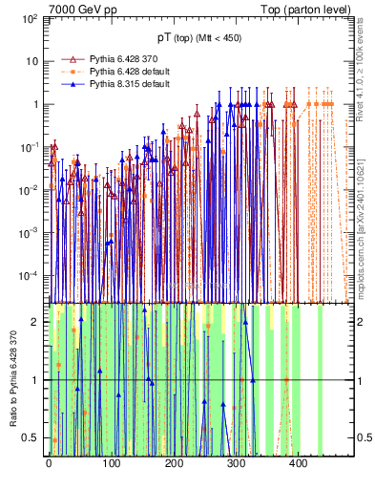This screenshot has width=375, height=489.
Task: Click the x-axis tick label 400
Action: (298, 463)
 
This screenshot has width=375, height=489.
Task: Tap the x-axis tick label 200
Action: (173, 463)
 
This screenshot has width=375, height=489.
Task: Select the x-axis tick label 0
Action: (49, 463)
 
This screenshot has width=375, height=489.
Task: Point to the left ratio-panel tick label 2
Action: (35, 322)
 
